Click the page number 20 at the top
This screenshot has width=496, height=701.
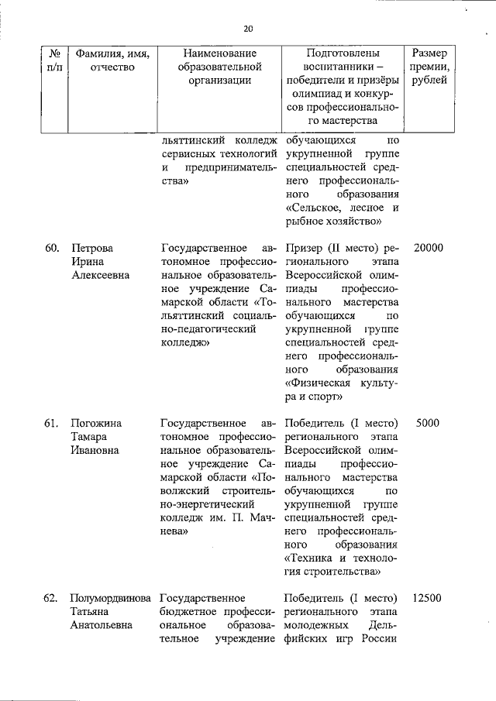click(248, 29)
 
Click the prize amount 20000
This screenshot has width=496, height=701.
click(428, 248)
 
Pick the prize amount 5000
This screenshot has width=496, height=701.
click(428, 424)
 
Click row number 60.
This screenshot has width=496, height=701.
click(52, 248)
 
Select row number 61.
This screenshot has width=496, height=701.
click(52, 424)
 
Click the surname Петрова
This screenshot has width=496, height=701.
click(91, 248)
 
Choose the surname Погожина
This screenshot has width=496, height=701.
click(95, 424)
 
